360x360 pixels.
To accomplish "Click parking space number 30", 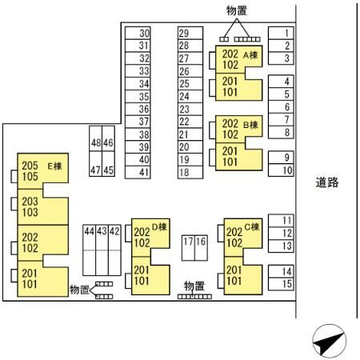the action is [138, 33].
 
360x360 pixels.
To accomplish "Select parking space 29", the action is [190, 33].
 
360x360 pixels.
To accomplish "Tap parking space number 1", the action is [281, 33].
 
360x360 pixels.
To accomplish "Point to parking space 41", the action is [138, 172].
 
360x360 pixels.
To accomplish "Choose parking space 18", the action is [190, 172].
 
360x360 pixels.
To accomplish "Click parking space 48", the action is [96, 138].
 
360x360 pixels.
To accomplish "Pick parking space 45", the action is [109, 164].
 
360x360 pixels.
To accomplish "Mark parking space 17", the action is [188, 248].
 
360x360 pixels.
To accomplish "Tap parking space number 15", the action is [281, 284].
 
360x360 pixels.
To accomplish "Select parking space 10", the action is [281, 170].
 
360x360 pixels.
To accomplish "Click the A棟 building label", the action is [250, 55].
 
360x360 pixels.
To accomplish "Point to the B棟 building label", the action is [250, 125].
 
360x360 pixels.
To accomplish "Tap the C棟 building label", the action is [252, 227].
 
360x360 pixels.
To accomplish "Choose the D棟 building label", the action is [159, 227].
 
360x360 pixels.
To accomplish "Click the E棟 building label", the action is [54, 166].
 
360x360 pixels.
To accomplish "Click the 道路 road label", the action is [327, 182].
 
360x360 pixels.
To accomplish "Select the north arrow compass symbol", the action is [330, 341].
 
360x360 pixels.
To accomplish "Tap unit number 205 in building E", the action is [30, 166].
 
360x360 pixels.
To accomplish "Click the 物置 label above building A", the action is [237, 11].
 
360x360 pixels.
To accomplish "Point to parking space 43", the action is [102, 250].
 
